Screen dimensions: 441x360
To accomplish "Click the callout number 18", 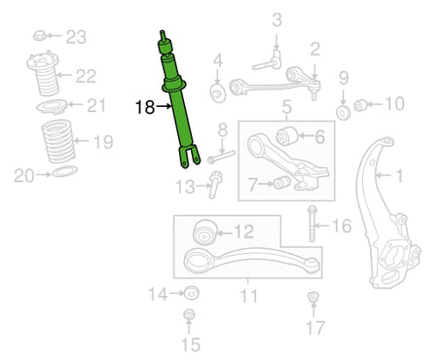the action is [145, 107].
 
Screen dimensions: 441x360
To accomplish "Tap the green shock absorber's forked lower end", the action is [189, 157].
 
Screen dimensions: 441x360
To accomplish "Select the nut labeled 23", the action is [40, 35].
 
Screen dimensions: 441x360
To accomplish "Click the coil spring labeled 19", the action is [58, 141].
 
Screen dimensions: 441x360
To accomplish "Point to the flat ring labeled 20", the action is [65, 171].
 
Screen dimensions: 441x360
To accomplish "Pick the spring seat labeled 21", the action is [52, 107].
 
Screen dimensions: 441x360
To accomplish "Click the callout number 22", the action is [86, 76].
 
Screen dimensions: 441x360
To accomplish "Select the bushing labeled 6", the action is [287, 135].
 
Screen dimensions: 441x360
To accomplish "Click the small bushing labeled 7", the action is [282, 182].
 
